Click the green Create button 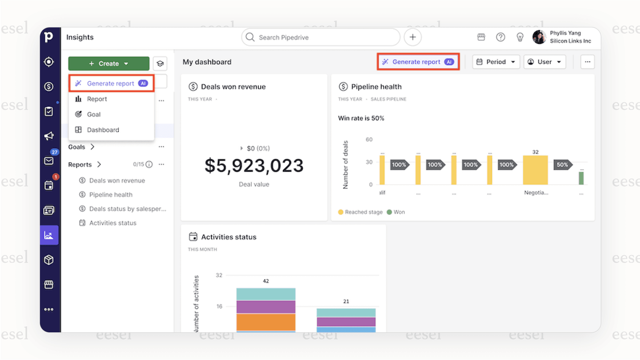coord(109,64)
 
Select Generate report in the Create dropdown coord(111,83)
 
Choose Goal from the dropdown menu coord(94,114)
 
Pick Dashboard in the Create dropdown coord(103,130)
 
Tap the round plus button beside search coord(413,37)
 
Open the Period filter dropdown coord(496,62)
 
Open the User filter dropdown coord(544,62)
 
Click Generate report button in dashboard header coord(418,62)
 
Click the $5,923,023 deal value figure coord(254,166)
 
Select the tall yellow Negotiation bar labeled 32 coord(535,170)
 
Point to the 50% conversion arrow coord(562,165)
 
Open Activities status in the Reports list coord(113,223)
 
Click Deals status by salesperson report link coord(127,209)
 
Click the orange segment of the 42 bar coord(266,322)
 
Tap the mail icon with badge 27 coord(49,161)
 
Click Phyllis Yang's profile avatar coord(539,37)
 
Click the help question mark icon coord(501,37)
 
